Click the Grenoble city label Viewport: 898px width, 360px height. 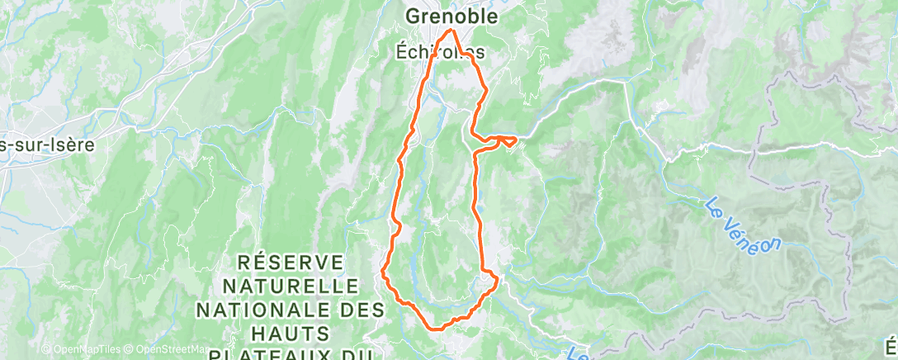click(x=451, y=16)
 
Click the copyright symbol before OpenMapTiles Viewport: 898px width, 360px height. click(x=45, y=349)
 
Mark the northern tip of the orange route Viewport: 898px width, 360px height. click(x=451, y=31)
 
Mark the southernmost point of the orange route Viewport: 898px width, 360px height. click(x=437, y=328)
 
